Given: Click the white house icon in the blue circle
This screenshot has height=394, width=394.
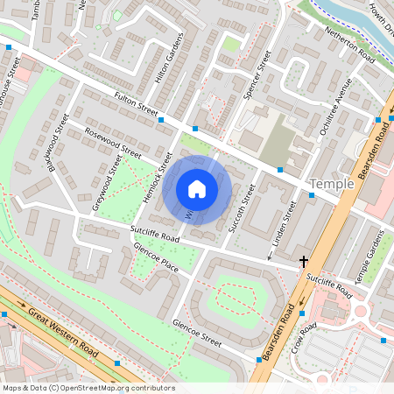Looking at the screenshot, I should [x=197, y=188].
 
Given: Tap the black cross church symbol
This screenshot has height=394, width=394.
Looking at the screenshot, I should [x=305, y=261].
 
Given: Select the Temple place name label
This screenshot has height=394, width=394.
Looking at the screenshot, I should [x=332, y=184].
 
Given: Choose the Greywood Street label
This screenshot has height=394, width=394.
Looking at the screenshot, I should [x=109, y=184].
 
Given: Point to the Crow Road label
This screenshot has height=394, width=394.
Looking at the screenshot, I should [x=306, y=340].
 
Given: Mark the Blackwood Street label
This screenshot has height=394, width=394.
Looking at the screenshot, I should [x=58, y=141].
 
